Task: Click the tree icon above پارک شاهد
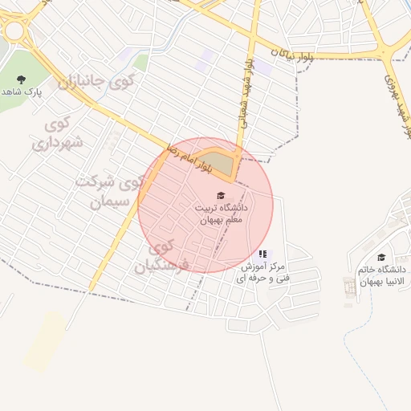(x=21, y=79)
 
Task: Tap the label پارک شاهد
(x=22, y=93)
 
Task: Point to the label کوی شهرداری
(x=52, y=134)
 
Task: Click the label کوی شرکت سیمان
(x=109, y=191)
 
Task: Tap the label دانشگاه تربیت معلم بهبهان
(x=220, y=213)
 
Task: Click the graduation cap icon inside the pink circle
(x=221, y=195)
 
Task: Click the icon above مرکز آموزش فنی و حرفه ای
(x=262, y=254)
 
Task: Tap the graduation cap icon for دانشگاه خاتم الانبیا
(x=380, y=257)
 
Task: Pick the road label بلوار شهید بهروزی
(x=399, y=101)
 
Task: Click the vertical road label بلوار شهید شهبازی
(x=243, y=92)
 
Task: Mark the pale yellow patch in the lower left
(x=43, y=341)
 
